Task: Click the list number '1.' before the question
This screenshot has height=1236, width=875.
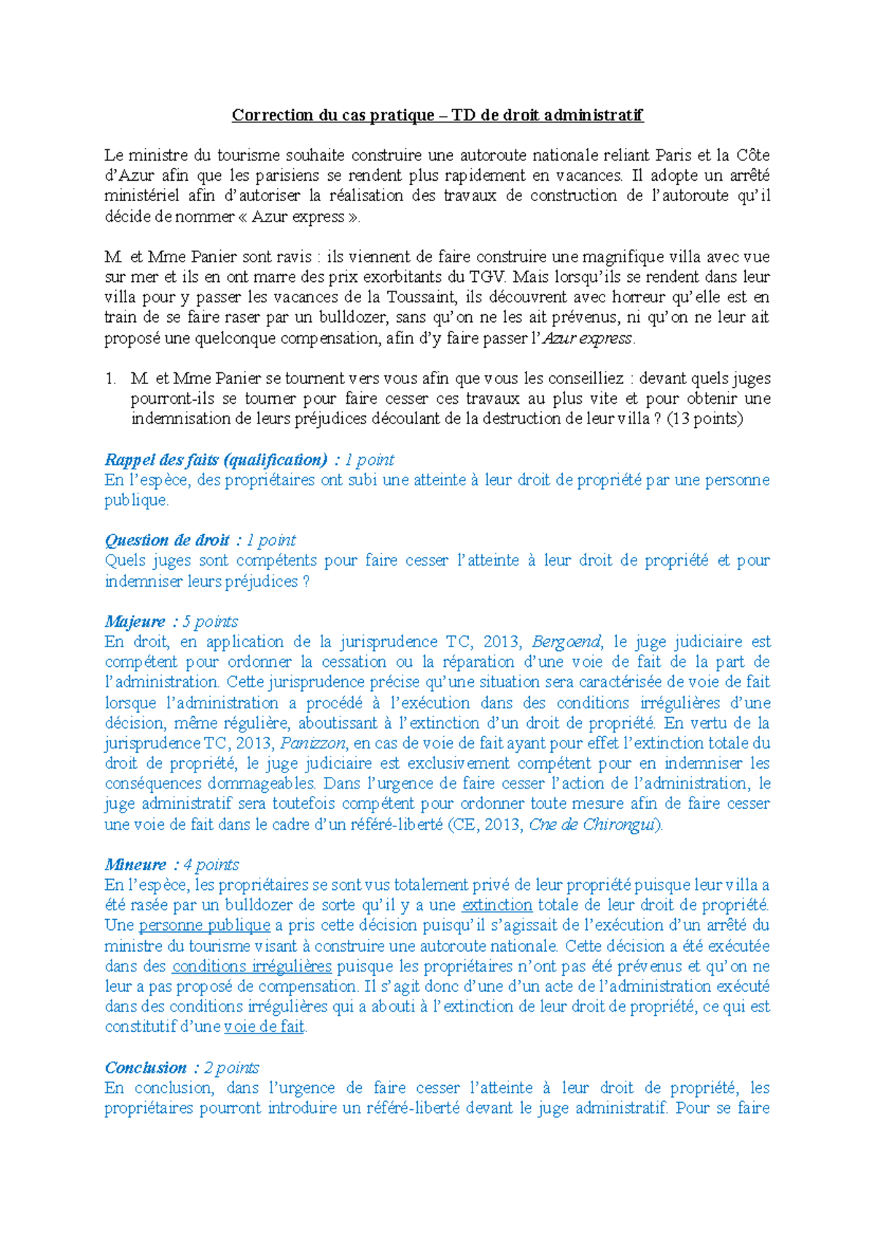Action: tap(111, 378)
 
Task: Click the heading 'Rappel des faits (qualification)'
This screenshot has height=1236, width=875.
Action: tap(216, 460)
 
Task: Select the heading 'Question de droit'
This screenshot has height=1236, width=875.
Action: tap(167, 541)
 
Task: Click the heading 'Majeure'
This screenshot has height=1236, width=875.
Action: tap(136, 622)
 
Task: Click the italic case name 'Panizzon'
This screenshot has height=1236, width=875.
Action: tap(314, 743)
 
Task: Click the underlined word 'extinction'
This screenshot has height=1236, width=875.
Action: tap(497, 906)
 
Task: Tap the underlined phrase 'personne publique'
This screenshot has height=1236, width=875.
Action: tap(204, 926)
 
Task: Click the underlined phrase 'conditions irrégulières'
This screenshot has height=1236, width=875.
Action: tap(252, 966)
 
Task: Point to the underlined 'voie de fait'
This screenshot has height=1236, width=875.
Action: tap(264, 1028)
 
